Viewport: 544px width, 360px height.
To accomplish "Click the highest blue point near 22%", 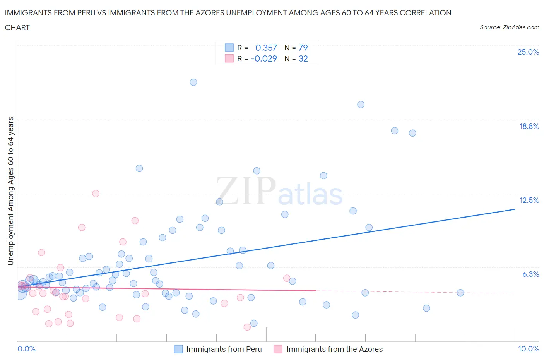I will click(193, 82).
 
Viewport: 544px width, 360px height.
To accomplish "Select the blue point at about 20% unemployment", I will click(361, 105).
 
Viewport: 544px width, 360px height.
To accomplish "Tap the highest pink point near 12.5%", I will click(96, 194).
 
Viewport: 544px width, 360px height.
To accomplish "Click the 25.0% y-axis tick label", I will click(528, 52).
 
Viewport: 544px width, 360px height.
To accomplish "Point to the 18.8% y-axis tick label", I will click(529, 126).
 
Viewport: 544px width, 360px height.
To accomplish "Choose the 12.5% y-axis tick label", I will click(529, 200).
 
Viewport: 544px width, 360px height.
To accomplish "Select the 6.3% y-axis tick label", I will click(530, 274).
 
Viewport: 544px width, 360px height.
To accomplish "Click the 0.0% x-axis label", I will click(26, 349).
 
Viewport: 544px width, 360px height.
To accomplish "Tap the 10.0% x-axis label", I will click(528, 349).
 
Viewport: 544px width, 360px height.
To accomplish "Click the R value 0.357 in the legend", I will click(266, 48).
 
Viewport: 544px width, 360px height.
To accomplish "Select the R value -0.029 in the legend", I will click(264, 58).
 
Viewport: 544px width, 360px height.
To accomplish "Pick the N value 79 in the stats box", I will click(303, 48).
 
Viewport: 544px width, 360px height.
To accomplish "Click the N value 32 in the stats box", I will click(303, 58).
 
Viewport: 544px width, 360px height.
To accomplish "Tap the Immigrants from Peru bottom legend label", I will click(224, 349).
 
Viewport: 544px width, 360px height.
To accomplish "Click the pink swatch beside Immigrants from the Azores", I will click(278, 349).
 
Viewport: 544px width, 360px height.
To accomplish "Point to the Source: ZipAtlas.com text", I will click(509, 27).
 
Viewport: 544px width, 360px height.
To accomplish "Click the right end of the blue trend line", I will click(515, 209).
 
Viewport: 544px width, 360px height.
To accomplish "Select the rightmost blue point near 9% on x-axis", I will click(460, 293).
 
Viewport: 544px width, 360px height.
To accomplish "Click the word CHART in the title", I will click(17, 27).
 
